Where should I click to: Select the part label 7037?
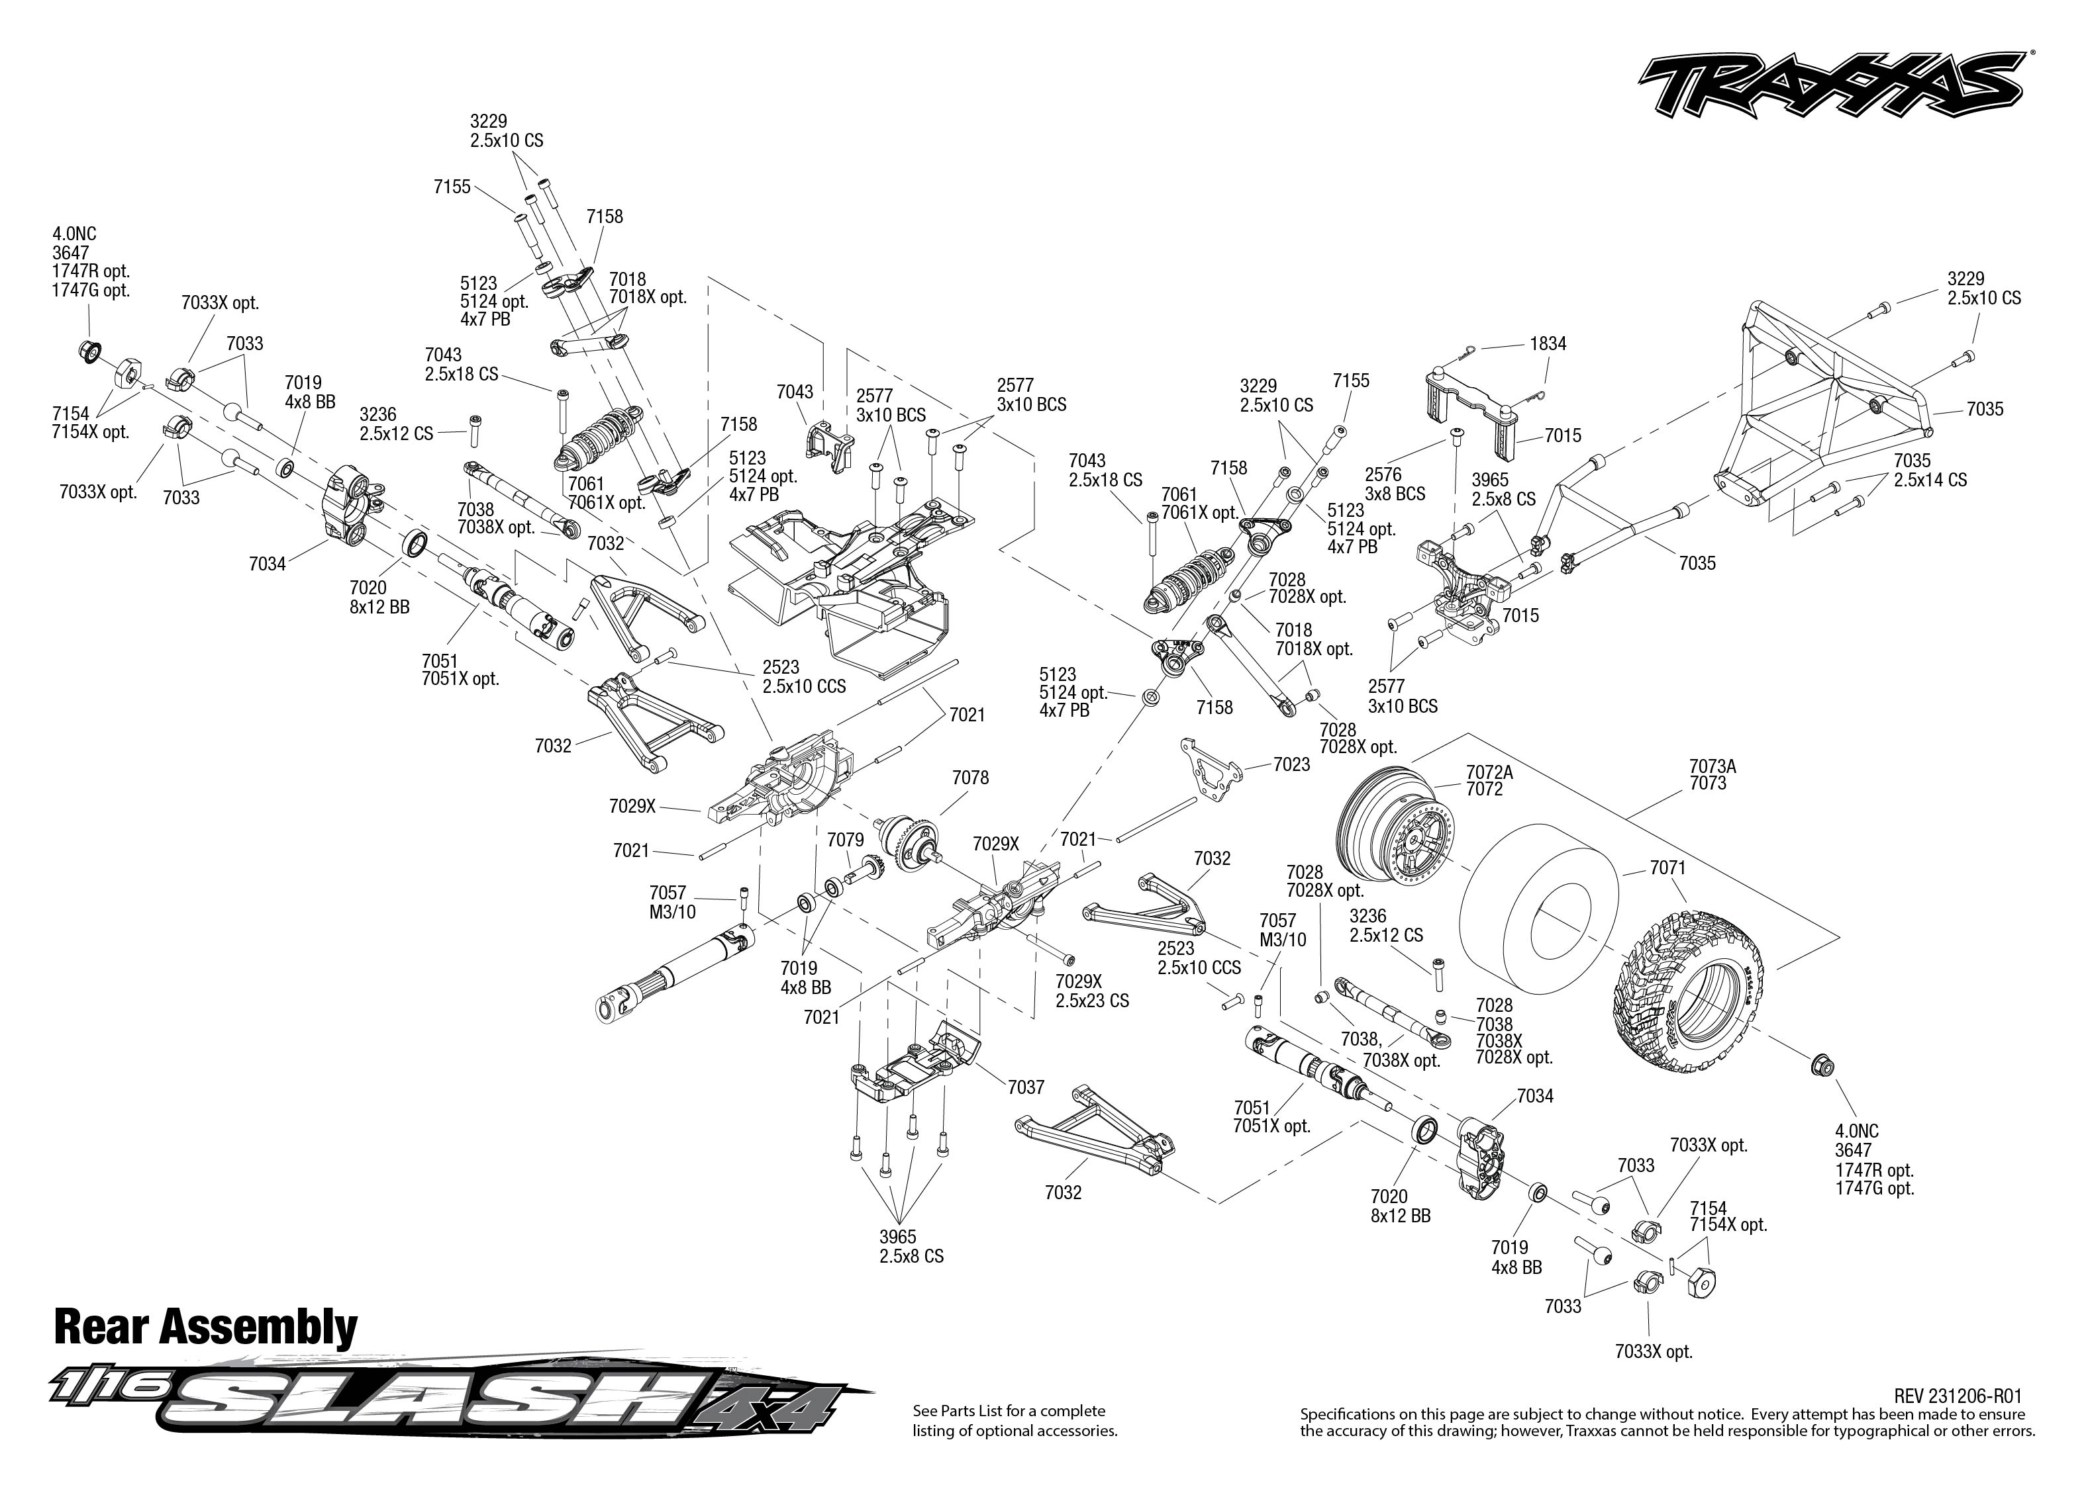pos(1026,1087)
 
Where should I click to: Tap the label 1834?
pos(1548,344)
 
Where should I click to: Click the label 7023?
pos(1291,764)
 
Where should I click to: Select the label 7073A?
pos(1713,766)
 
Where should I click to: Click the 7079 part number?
pos(845,840)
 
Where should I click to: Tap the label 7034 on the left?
pos(267,564)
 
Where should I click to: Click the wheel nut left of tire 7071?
pos(1822,1065)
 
